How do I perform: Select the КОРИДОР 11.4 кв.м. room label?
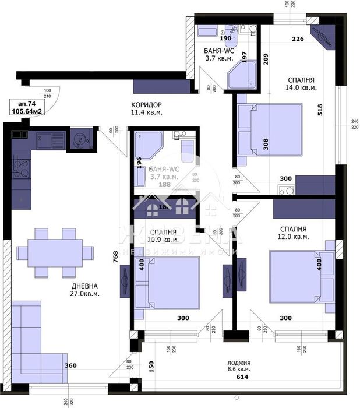(x=146, y=108)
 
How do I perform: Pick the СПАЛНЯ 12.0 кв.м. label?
(x=293, y=233)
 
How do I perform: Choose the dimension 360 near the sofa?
(x=70, y=365)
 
